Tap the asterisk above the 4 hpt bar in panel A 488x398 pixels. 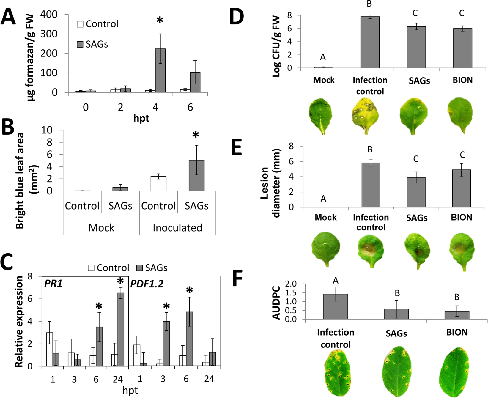click(x=160, y=21)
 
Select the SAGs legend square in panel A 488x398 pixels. click(x=80, y=44)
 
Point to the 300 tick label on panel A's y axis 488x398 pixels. click(x=49, y=34)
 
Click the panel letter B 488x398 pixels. click(x=8, y=127)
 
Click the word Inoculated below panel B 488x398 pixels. click(x=177, y=228)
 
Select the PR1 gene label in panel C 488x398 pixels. click(x=53, y=284)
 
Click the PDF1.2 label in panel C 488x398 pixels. click(x=147, y=284)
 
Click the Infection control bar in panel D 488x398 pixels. click(x=370, y=43)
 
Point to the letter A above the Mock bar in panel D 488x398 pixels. click(x=323, y=57)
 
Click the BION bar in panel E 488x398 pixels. click(x=461, y=188)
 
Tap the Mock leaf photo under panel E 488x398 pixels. click(x=326, y=248)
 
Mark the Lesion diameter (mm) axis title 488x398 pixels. click(x=270, y=183)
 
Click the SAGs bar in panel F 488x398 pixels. click(x=396, y=314)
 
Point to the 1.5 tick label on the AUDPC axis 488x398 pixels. click(x=291, y=293)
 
